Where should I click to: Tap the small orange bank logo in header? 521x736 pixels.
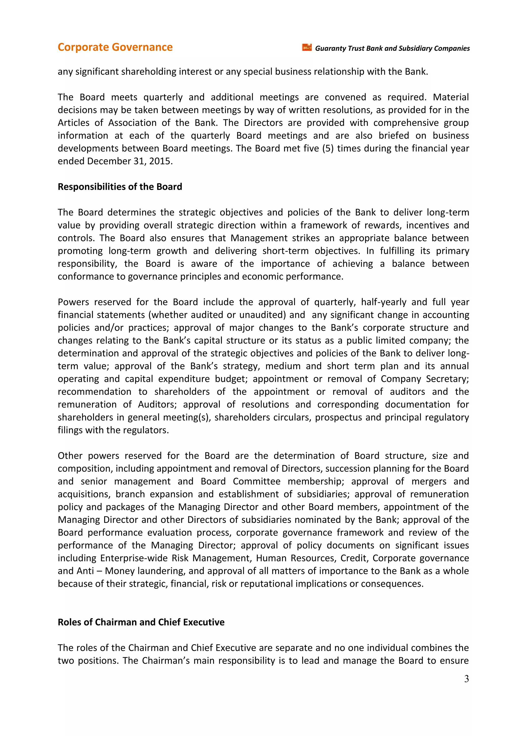(x=307, y=48)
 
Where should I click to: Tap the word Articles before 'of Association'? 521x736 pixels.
(x=74, y=123)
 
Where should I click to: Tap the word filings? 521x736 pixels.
(x=69, y=430)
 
